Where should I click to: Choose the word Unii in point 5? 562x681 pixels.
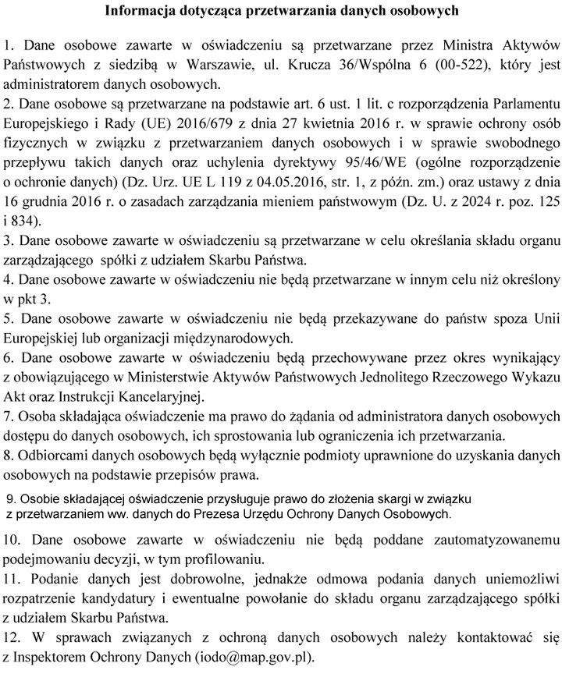[542, 319]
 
